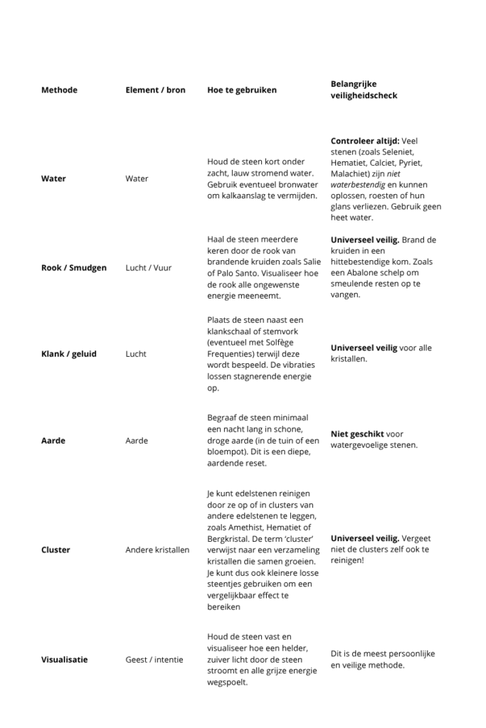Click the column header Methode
[x=59, y=90]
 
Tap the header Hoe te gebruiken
[x=242, y=90]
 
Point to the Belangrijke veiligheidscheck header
[x=364, y=90]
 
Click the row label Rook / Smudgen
[x=74, y=267]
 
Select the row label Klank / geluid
[x=68, y=353]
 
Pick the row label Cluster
[x=56, y=550]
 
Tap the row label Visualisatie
[x=65, y=659]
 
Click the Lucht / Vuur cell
[x=149, y=267]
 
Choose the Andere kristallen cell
[x=157, y=550]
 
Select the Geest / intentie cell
[x=154, y=659]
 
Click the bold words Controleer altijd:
[x=364, y=141]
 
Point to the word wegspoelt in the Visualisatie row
[x=228, y=682]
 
